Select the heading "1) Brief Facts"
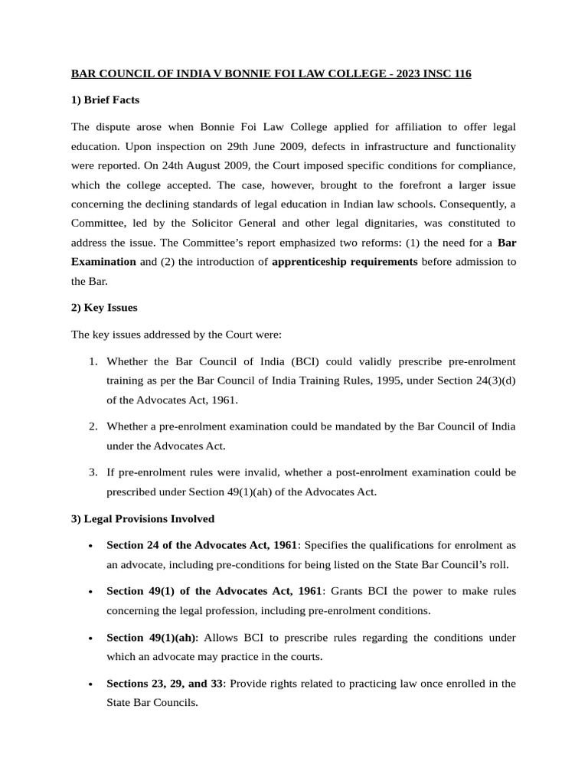click(106, 100)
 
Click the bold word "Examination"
click(103, 262)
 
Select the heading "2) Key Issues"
click(104, 308)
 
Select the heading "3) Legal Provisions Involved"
click(142, 518)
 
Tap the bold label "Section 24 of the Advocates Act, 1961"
click(201, 545)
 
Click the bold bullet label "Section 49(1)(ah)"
click(151, 638)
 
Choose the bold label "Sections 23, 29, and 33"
click(165, 684)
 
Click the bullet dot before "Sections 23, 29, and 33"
click(91, 684)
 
